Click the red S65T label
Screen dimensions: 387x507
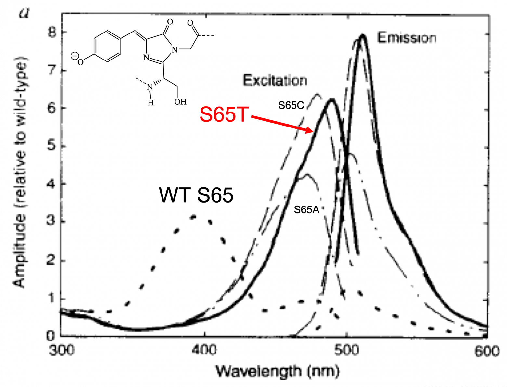point(224,114)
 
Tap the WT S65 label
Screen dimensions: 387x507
point(196,195)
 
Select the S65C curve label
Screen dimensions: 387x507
point(291,105)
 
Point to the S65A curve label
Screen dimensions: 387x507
point(306,210)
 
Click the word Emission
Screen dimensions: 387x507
point(406,38)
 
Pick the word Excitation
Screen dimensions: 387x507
point(275,80)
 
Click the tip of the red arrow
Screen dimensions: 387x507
point(313,132)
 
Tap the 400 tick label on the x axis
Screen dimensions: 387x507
point(204,351)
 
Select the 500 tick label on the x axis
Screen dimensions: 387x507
point(347,351)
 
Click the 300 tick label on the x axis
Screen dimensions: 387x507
point(62,351)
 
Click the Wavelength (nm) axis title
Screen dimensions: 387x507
point(278,371)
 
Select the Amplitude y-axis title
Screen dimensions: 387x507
point(20,172)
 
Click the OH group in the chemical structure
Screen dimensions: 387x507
point(180,102)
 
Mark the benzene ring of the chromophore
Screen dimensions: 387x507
point(107,46)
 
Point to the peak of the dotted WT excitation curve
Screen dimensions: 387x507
point(194,217)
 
